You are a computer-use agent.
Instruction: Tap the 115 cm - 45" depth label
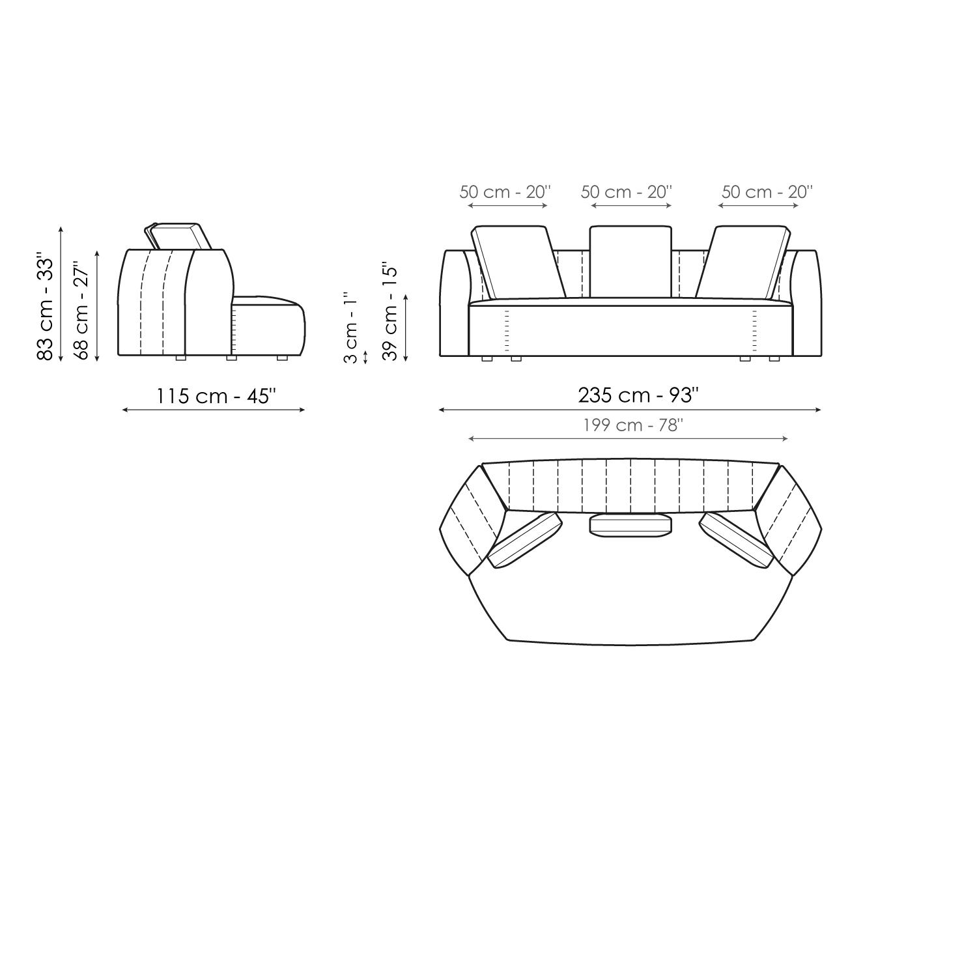click(x=216, y=395)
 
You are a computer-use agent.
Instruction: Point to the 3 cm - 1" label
click(x=350, y=328)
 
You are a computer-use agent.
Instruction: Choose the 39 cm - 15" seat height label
click(x=389, y=311)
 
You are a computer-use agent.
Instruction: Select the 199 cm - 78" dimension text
click(x=632, y=425)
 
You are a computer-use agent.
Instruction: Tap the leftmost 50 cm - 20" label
click(x=505, y=192)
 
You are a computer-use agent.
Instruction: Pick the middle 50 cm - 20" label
click(x=626, y=192)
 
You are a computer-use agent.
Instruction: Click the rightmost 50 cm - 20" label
click(x=767, y=192)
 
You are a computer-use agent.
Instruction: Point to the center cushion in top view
click(x=630, y=525)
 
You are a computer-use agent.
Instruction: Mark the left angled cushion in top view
click(x=525, y=540)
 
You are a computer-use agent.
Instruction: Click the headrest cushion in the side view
click(x=177, y=236)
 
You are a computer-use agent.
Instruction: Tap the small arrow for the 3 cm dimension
click(x=365, y=357)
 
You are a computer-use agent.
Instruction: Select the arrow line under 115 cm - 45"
click(x=214, y=410)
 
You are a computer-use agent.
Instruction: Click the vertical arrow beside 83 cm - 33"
click(x=61, y=294)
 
